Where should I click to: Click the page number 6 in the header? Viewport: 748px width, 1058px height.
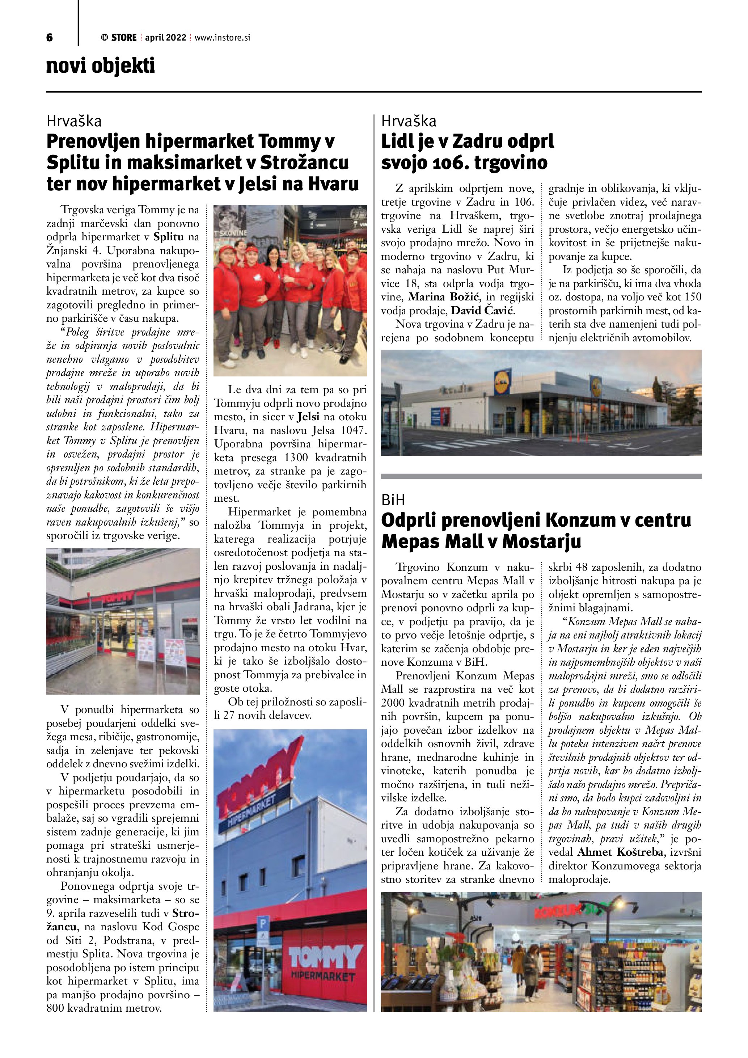[x=50, y=38]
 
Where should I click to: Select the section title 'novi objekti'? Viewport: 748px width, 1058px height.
[x=100, y=66]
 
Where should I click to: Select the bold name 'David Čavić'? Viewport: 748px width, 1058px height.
[x=483, y=311]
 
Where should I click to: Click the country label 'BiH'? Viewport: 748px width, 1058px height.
[x=393, y=500]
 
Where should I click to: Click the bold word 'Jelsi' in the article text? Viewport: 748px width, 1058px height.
[x=308, y=417]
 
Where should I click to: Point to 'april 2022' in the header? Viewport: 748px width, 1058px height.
[x=165, y=38]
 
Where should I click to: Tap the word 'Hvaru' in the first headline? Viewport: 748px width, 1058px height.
[x=333, y=184]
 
